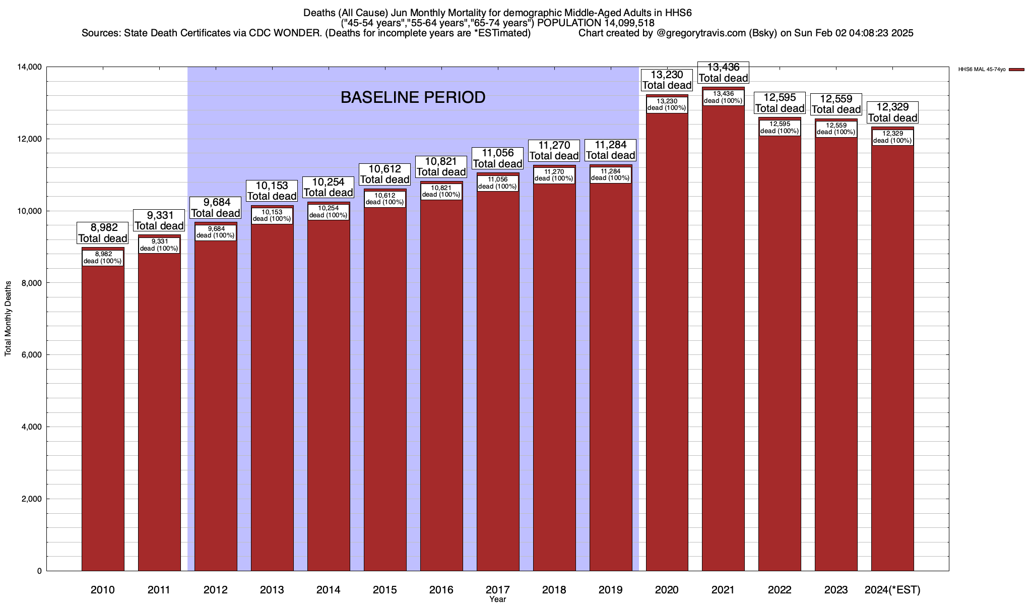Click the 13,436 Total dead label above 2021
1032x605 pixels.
(723, 73)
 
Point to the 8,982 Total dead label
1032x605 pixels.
(103, 233)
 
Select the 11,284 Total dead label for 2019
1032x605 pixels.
(611, 150)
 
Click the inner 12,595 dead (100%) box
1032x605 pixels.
(780, 128)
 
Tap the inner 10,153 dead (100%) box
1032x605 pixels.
(272, 216)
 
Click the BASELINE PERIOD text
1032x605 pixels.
(413, 97)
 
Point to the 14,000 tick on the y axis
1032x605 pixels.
(31, 67)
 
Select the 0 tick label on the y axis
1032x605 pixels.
(39, 571)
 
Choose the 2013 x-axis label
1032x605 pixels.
(272, 590)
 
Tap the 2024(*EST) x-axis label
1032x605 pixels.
(892, 590)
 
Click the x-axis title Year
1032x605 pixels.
(497, 599)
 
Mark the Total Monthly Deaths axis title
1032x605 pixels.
(8, 319)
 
